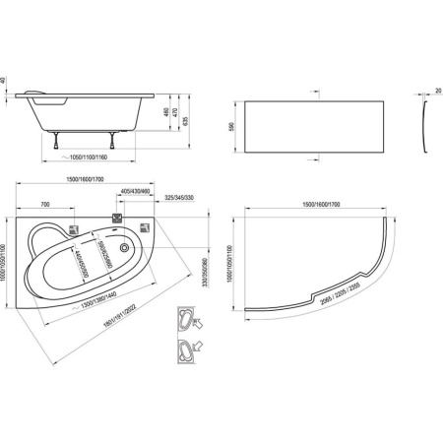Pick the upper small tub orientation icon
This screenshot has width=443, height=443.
[185, 318]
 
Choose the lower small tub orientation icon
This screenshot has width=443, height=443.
[185, 349]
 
